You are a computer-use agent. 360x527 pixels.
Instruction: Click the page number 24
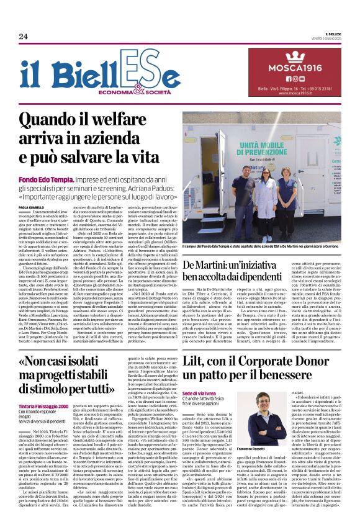[x=24, y=37]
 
